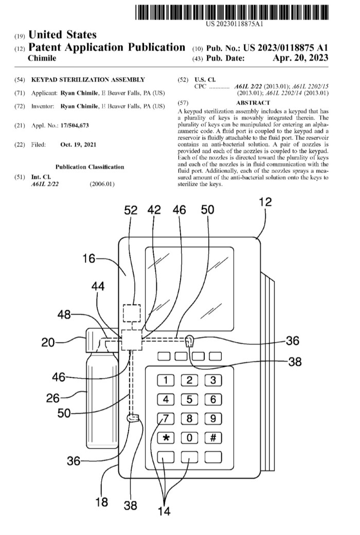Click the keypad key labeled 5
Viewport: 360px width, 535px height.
click(x=189, y=400)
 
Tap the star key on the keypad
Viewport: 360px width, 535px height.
click(x=166, y=438)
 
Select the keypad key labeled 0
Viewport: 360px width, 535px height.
click(x=189, y=438)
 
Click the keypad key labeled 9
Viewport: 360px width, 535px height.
click(x=213, y=419)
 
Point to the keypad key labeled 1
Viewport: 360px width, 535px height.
click(x=166, y=381)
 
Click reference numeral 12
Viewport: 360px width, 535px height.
click(x=265, y=202)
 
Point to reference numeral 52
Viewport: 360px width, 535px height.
click(x=131, y=210)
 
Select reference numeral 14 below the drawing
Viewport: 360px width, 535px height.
click(x=164, y=511)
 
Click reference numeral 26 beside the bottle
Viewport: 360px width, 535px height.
click(x=53, y=398)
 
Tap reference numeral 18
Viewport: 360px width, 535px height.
click(x=101, y=502)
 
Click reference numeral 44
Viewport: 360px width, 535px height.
click(x=98, y=286)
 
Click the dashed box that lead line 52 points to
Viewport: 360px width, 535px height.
click(x=132, y=313)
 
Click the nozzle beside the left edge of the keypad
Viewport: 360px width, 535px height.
click(x=133, y=418)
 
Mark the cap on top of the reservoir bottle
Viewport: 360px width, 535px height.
click(x=101, y=340)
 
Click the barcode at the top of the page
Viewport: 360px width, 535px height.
click(x=232, y=12)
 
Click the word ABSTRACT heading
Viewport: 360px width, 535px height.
click(x=253, y=103)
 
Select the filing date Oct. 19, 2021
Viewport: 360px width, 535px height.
click(x=78, y=145)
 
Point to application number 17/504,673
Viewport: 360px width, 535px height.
click(x=75, y=126)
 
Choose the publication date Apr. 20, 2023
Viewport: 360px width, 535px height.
click(x=300, y=58)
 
